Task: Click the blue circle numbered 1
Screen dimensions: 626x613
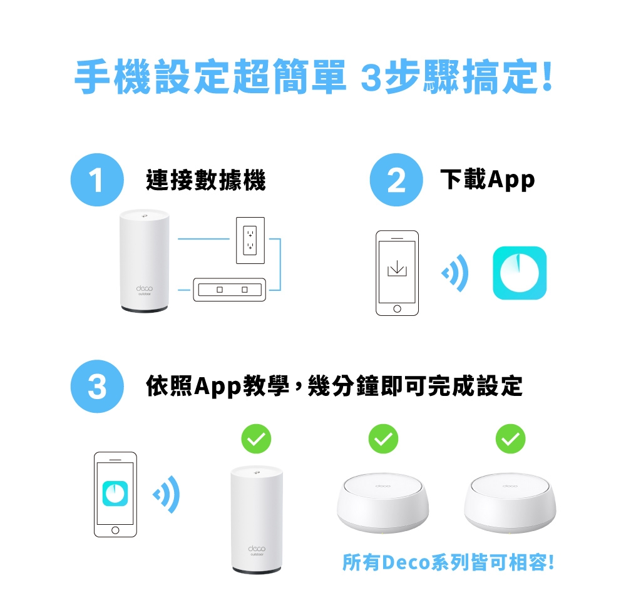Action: point(97,180)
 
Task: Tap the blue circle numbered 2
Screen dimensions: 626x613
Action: point(396,180)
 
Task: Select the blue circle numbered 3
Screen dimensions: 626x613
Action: point(97,386)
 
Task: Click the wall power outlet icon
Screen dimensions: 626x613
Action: point(250,240)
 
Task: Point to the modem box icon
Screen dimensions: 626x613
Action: point(230,290)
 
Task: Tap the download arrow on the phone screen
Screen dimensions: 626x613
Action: point(398,268)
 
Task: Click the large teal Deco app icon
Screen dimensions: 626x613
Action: point(520,273)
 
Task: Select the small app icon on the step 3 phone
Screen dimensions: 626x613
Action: point(115,494)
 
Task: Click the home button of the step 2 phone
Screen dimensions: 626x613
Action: point(398,309)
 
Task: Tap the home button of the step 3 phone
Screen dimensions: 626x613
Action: point(115,530)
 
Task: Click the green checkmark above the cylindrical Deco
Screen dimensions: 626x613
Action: point(256,438)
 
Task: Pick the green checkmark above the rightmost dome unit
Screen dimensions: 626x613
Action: point(510,438)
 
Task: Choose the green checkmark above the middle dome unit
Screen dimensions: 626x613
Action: point(383,438)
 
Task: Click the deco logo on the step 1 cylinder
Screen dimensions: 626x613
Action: point(145,288)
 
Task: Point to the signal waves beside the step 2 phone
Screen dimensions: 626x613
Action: point(455,273)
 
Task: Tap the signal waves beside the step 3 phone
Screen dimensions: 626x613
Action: point(167,495)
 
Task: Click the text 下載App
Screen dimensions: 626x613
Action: point(488,180)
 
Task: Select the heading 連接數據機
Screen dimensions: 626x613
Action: point(206,180)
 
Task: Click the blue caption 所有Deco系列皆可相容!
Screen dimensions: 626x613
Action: point(448,562)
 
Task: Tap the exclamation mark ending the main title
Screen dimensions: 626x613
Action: point(547,76)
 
